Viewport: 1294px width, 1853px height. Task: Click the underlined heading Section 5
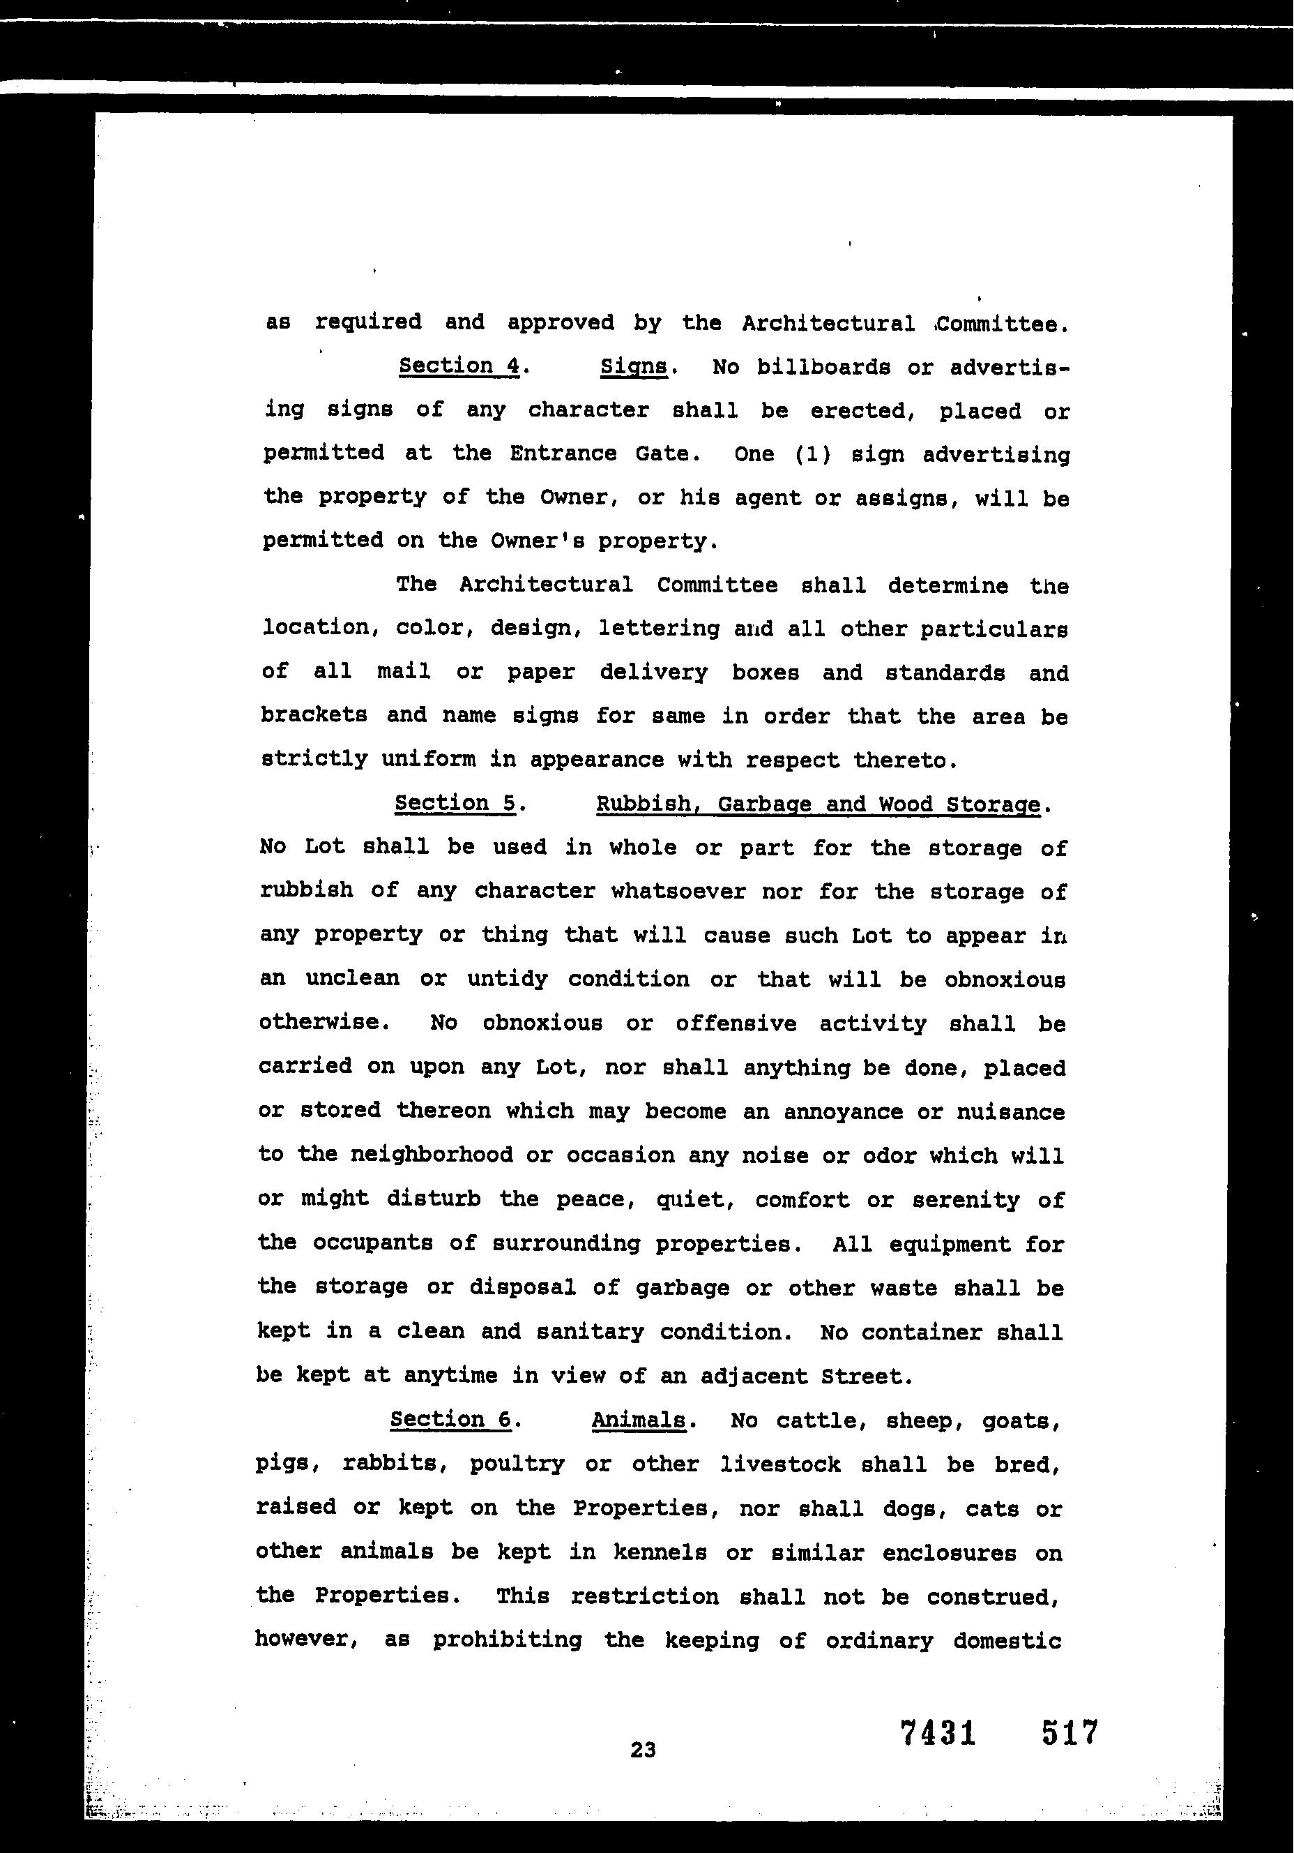(454, 803)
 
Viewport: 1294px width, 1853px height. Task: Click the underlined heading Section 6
(450, 1419)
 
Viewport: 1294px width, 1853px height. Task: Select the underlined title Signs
(634, 367)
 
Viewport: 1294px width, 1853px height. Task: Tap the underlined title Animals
(638, 1420)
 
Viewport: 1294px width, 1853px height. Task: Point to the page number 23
(643, 1750)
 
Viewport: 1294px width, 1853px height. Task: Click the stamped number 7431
(938, 1733)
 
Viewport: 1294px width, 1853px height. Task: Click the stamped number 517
(1069, 1733)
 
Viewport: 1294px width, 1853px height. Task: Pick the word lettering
(659, 628)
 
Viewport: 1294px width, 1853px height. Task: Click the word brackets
(314, 715)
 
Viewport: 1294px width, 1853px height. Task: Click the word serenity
(966, 1200)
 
